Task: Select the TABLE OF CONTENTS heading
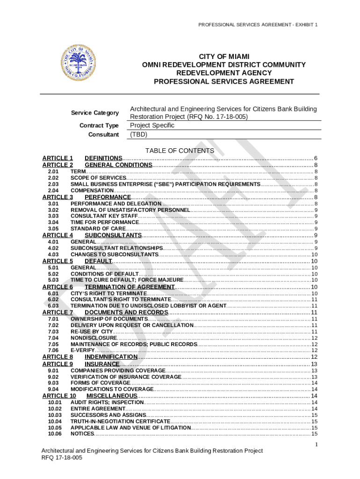point(180,151)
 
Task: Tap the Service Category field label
point(95,113)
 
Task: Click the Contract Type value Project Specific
point(152,125)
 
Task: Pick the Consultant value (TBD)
point(138,135)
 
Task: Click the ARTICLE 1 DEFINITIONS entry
point(103,158)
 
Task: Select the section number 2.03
point(53,184)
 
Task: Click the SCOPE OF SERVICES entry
point(98,178)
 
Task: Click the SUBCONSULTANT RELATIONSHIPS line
point(116,248)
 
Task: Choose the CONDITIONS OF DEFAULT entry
point(105,274)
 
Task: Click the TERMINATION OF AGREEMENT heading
point(130,287)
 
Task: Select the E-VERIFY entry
point(82,350)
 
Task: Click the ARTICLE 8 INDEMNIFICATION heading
point(111,357)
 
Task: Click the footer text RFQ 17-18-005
point(62,458)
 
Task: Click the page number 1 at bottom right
point(316,444)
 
